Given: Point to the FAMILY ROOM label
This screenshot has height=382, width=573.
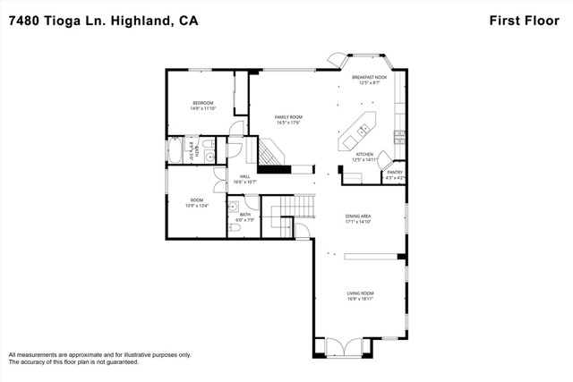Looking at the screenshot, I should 287,117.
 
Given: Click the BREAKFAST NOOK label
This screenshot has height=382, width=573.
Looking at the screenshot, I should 369,78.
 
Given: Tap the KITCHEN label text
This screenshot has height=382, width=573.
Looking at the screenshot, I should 364,155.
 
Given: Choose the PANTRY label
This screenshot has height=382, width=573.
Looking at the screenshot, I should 394,172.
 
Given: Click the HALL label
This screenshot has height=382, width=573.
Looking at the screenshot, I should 244,176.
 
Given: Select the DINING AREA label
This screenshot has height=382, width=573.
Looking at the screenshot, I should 363,216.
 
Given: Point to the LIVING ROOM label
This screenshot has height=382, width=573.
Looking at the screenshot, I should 361,293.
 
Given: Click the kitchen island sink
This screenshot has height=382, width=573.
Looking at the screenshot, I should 363,132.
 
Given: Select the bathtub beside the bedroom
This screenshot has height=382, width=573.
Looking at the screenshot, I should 175,150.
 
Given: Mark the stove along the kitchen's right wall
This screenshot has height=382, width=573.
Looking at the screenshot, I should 399,136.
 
